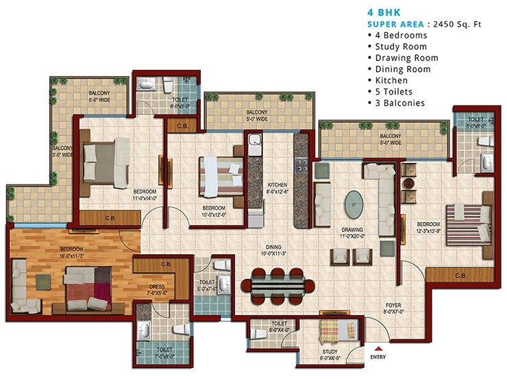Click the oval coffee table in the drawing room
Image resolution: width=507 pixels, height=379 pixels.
354,203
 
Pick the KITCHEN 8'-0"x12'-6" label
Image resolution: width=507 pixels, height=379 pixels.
277,188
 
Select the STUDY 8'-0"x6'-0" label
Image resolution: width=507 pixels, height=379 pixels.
330,354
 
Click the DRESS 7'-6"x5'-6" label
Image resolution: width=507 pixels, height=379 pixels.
158,291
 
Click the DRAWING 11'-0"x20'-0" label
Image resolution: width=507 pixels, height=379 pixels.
354,234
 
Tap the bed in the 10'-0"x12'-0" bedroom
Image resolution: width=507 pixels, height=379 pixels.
221,176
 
